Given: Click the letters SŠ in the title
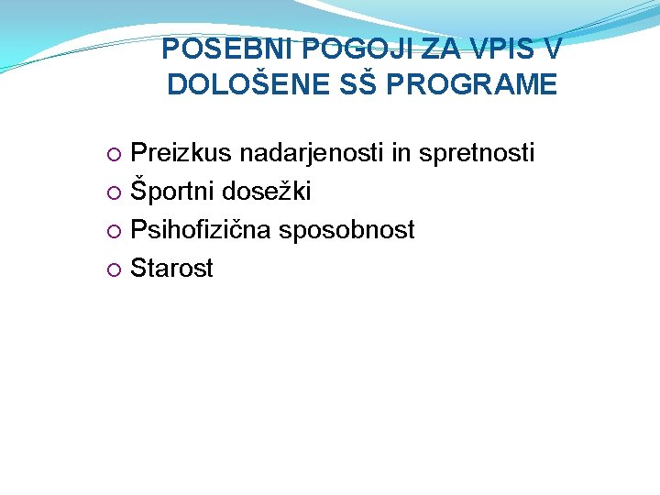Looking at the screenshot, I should point(355,84).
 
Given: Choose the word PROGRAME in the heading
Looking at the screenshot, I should point(473,84).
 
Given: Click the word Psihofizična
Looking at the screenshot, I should point(201,230).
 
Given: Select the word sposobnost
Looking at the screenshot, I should point(347,230).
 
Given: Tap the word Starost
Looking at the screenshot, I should point(171,269).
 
